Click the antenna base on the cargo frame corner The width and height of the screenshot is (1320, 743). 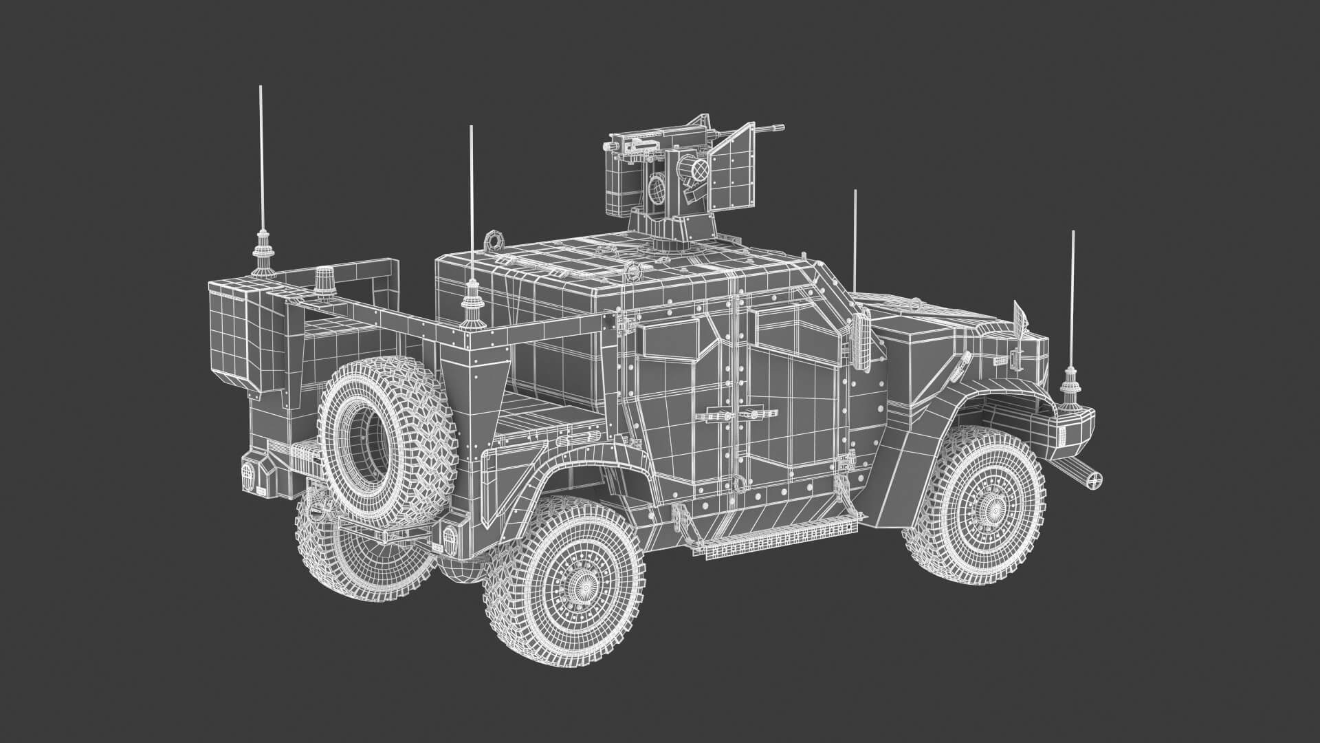(x=472, y=303)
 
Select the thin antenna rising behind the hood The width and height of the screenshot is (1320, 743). (x=855, y=241)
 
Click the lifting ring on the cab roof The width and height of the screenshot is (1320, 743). (x=493, y=240)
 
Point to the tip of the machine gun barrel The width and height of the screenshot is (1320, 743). (x=780, y=127)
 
